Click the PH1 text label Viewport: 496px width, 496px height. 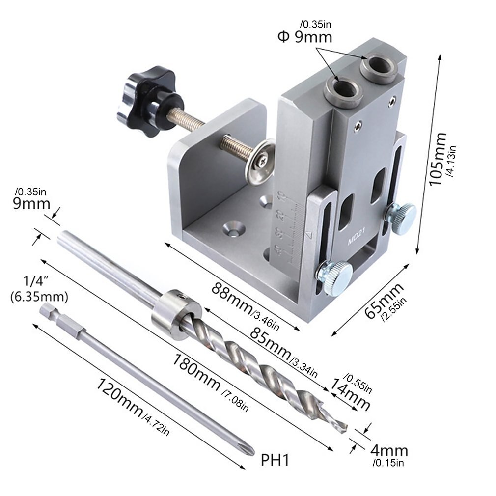[276, 460]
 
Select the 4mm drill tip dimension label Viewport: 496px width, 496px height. [388, 450]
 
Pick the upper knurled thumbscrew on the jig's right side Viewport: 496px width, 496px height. [401, 217]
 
